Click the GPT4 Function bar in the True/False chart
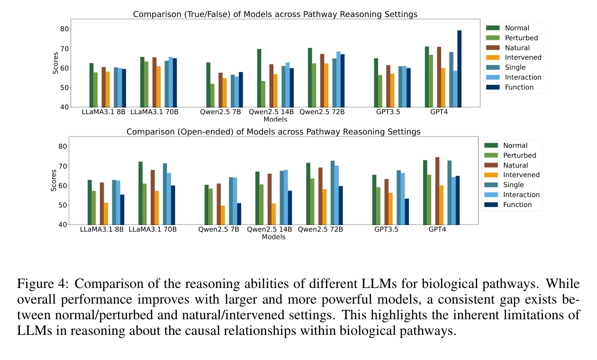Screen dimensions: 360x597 click(x=460, y=69)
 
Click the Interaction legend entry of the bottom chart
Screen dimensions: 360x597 click(x=521, y=195)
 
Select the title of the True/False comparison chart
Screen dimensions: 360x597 click(x=275, y=14)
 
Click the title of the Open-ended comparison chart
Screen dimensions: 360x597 click(x=273, y=132)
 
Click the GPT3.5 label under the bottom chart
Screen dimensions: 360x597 click(x=386, y=230)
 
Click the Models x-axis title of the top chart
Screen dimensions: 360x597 click(x=275, y=120)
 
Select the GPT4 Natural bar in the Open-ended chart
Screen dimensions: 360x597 click(x=437, y=191)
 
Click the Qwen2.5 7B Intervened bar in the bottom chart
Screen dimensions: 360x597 click(x=223, y=215)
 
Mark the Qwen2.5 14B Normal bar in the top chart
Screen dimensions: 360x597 click(x=259, y=78)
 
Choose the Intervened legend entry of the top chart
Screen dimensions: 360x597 click(x=521, y=58)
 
